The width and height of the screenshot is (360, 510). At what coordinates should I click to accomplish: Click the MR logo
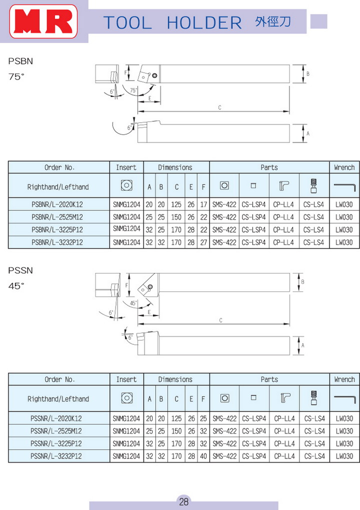coord(43,22)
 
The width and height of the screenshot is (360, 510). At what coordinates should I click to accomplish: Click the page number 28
coord(183,501)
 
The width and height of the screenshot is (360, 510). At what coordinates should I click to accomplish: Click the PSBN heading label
coord(20,61)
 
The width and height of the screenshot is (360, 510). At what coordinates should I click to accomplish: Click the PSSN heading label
coord(20,270)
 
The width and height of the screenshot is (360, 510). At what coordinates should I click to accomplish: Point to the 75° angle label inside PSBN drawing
coord(133,90)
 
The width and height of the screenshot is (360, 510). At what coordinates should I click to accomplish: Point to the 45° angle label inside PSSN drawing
coord(133,303)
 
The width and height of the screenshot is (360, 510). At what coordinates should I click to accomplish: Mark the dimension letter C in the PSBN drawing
coord(220,107)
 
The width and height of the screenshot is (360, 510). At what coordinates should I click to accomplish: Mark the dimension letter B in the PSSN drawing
coord(303,281)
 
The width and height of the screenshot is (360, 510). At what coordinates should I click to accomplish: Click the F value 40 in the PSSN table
coord(203,456)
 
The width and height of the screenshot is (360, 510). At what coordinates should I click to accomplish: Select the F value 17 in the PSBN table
coord(203,204)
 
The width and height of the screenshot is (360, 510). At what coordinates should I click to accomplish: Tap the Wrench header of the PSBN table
coord(344,167)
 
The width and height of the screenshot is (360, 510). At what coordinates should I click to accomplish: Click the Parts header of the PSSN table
coord(269,379)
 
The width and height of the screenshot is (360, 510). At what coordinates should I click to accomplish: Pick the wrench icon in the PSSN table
coord(344,398)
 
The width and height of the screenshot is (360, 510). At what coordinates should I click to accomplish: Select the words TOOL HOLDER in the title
coord(172,22)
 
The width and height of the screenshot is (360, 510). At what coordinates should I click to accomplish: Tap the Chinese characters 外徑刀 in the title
coord(273,21)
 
